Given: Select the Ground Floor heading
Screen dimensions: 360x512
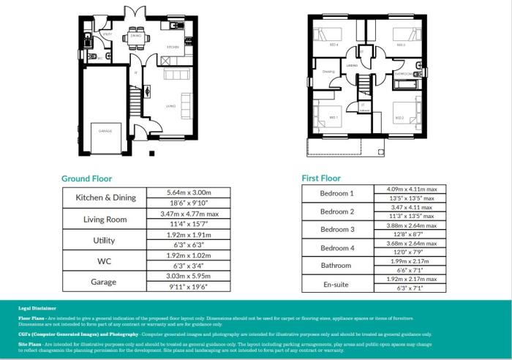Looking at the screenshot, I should [x=86, y=178].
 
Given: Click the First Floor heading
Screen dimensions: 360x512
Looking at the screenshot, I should [x=321, y=178].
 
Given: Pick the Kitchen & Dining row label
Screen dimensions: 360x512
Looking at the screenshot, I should [x=106, y=198].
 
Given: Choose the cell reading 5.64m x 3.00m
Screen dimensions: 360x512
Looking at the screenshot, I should [x=189, y=192].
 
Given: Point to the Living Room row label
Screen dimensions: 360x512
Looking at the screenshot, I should [x=106, y=219].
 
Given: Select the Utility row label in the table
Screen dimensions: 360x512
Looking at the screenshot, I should [x=106, y=240].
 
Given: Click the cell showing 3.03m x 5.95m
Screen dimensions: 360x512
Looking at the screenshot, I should [x=189, y=277].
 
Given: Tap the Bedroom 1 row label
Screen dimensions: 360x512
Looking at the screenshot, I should [x=336, y=193].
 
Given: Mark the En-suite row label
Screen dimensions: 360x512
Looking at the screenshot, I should [x=336, y=284].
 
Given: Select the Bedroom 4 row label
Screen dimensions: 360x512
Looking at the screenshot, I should [x=336, y=248].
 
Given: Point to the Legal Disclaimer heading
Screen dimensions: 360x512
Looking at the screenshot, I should [x=37, y=309].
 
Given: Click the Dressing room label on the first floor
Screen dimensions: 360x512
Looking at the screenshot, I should [x=328, y=72].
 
